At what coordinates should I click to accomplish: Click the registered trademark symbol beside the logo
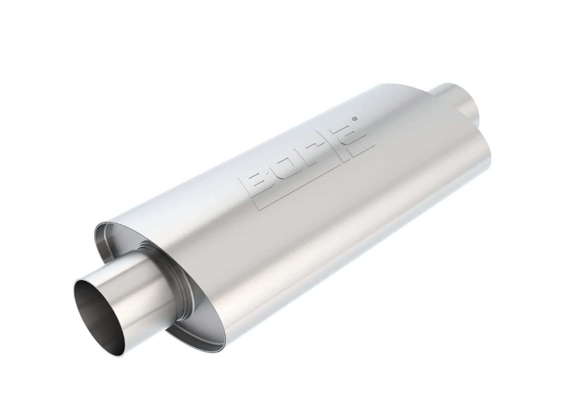point(356,118)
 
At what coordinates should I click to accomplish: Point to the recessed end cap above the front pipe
point(123,238)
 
